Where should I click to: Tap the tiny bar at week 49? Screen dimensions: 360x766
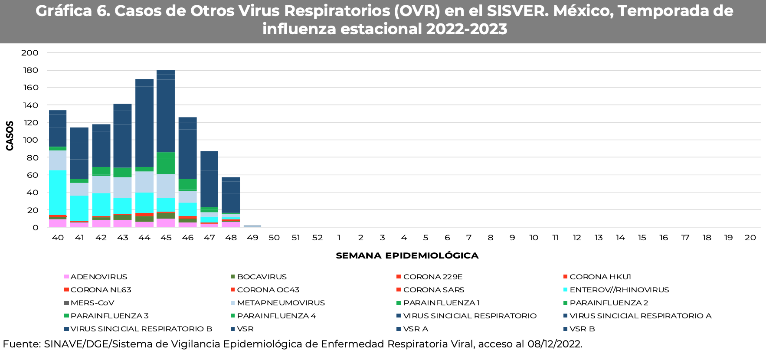point(252,226)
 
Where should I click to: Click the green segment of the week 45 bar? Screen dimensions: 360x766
point(166,163)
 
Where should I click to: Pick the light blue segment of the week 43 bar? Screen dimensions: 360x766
point(123,187)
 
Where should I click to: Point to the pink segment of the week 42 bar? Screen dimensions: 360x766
point(101,223)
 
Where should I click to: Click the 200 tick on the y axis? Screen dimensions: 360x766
point(30,53)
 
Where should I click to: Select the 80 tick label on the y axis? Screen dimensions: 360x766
point(33,158)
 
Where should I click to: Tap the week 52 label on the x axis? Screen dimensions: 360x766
point(318,238)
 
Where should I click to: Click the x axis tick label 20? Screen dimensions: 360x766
point(750,238)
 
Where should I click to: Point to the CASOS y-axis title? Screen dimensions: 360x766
point(10,136)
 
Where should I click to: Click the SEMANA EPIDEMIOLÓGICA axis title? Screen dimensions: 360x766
point(407,256)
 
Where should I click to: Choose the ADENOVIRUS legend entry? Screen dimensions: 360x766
point(98,277)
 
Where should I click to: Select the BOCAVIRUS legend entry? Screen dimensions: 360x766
point(262,277)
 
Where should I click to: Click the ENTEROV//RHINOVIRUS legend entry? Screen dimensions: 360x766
point(619,290)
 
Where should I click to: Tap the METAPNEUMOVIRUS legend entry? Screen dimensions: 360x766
point(281,303)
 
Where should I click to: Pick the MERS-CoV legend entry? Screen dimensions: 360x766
point(92,303)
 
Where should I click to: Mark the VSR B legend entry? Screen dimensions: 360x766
point(582,329)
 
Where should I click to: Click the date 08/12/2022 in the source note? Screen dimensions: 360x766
point(554,344)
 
